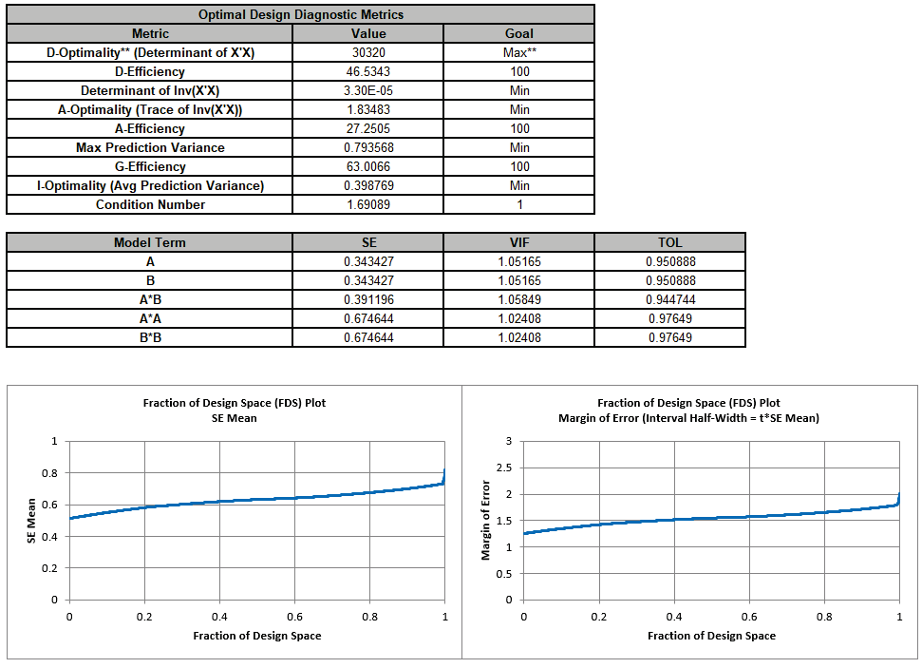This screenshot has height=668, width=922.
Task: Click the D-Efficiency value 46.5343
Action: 367,71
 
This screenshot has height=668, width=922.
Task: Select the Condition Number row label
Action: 150,204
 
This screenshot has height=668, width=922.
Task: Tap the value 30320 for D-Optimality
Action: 367,52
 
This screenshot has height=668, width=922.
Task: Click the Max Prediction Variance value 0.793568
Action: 367,147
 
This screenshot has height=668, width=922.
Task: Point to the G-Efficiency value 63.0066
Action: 367,166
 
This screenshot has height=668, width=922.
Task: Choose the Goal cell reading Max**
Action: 519,52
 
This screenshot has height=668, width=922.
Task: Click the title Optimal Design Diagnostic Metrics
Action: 301,14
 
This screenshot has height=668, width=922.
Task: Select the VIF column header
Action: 519,242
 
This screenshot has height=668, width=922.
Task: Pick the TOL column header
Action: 669,242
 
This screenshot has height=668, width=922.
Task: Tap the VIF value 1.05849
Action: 519,299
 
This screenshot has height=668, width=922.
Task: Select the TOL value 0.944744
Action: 669,299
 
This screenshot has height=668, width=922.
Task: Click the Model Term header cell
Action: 150,242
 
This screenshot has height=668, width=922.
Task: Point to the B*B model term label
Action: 150,337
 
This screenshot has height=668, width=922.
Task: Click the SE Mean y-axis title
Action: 32,521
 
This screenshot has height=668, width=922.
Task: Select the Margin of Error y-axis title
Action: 486,521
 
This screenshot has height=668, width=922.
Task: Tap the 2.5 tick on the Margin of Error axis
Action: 505,468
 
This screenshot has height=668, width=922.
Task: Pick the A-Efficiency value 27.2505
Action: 367,128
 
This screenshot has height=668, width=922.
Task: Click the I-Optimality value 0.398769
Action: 367,185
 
